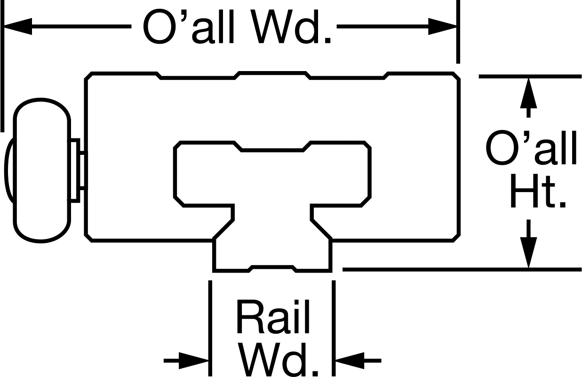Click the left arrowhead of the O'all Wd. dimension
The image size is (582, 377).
click(x=18, y=26)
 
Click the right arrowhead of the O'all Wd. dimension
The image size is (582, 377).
click(x=443, y=26)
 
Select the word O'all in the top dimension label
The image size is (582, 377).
click(x=189, y=27)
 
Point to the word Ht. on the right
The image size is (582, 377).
click(x=538, y=191)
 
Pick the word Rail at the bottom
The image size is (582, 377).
click(x=273, y=316)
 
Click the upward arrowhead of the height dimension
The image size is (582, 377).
click(x=528, y=93)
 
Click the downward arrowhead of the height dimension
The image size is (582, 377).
click(x=528, y=252)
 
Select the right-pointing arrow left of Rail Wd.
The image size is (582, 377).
click(x=186, y=361)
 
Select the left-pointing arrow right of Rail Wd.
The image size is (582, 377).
click(x=359, y=361)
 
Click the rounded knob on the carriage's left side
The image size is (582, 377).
click(x=42, y=170)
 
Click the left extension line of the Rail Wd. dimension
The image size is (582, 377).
click(x=210, y=329)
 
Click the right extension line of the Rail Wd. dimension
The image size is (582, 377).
click(x=334, y=329)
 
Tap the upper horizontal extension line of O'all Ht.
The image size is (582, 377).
click(x=530, y=76)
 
